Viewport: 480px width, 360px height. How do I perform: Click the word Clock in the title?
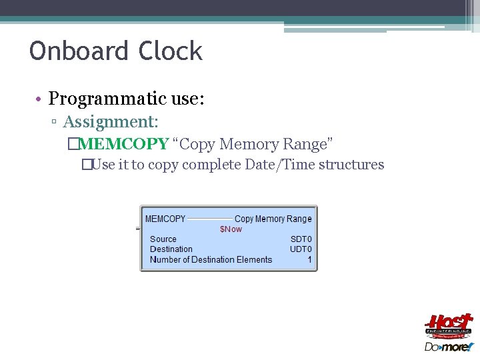pos(171,51)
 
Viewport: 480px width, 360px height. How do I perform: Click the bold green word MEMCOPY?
pos(123,144)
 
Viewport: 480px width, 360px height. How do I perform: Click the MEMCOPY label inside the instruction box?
pos(165,219)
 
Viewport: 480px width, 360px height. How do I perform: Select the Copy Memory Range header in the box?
pos(273,219)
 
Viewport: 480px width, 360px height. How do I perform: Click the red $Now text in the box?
pos(231,229)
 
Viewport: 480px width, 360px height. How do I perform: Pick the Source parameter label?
pos(163,239)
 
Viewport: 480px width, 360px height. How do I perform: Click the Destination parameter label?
pos(171,249)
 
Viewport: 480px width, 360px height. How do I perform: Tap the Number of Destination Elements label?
pos(211,259)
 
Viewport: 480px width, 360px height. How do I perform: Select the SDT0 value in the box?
pos(301,239)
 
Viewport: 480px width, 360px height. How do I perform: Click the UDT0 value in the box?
pos(301,249)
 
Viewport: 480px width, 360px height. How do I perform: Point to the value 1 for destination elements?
pos(309,259)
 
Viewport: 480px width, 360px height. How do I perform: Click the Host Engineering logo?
pos(449,325)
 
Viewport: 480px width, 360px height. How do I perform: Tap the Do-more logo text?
pos(448,347)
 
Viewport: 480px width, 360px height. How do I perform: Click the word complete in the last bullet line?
pos(211,164)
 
